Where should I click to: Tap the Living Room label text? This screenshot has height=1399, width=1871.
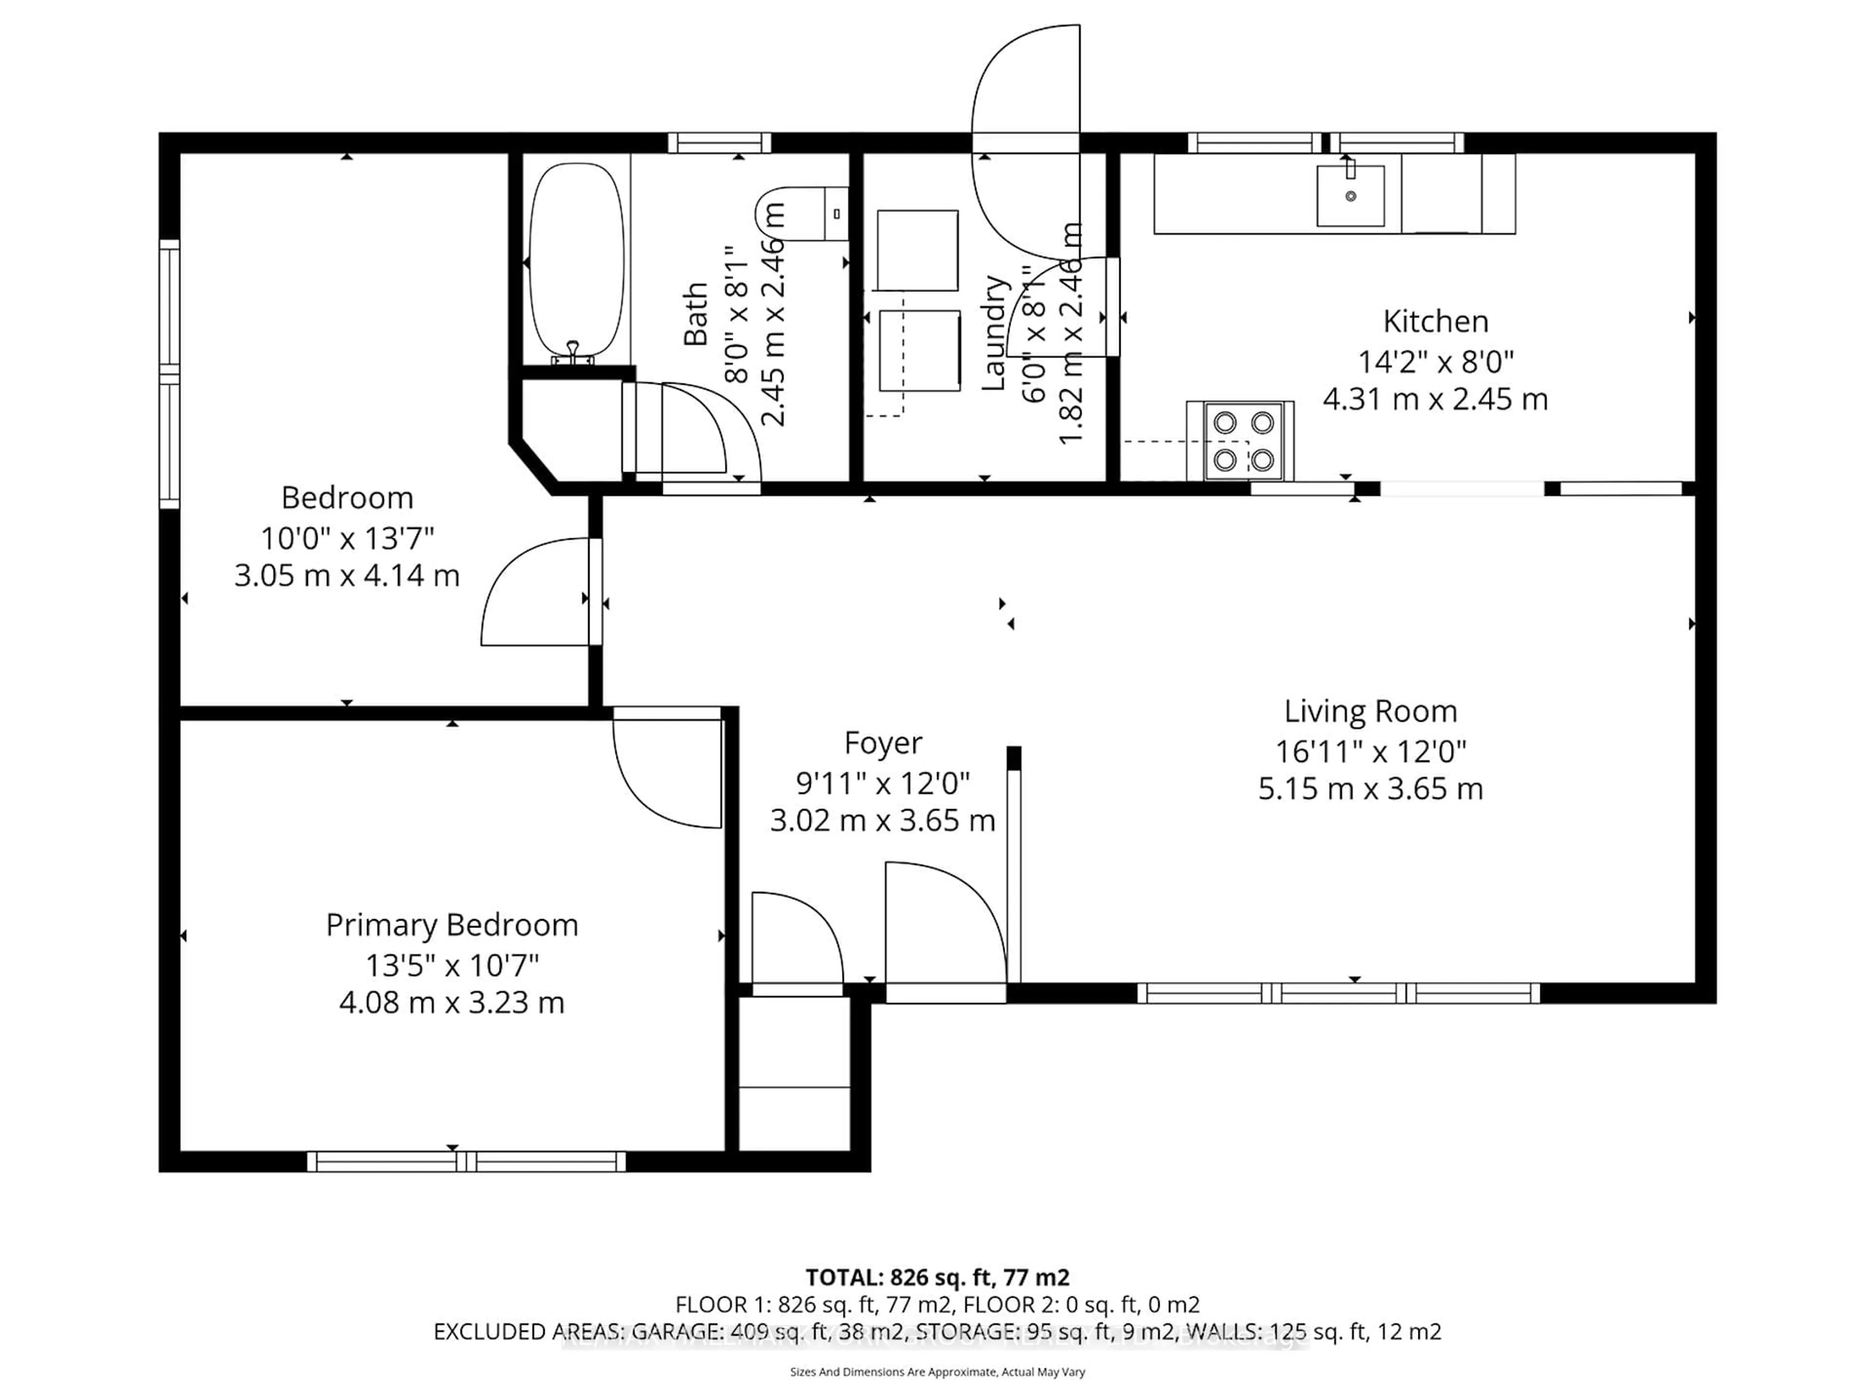pyautogui.click(x=1370, y=711)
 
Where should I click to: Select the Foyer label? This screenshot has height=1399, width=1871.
pyautogui.click(x=882, y=743)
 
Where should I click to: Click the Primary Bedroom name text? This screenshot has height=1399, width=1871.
pyautogui.click(x=452, y=925)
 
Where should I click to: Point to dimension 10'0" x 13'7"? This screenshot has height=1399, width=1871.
pyautogui.click(x=347, y=537)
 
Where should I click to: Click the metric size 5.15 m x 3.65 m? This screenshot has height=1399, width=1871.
pyautogui.click(x=1370, y=788)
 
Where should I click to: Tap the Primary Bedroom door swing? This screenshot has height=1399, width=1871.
pyautogui.click(x=664, y=774)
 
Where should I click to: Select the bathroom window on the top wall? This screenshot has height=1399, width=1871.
pyautogui.click(x=719, y=143)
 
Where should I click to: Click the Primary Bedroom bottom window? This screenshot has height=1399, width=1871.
pyautogui.click(x=466, y=1161)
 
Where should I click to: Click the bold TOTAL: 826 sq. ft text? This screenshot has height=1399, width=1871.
pyautogui.click(x=936, y=1277)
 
